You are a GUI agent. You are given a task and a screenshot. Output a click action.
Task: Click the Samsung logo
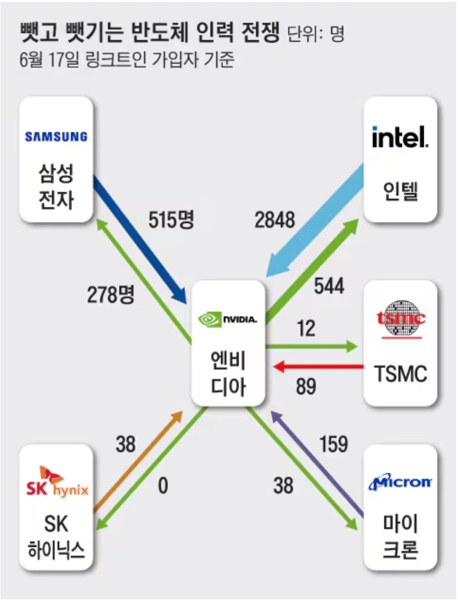[x=56, y=136]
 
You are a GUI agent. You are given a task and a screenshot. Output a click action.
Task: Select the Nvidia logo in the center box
[x=228, y=319]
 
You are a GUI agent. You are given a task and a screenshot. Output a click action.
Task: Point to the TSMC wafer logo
[x=401, y=318]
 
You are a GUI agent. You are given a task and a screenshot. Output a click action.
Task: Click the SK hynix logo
[x=57, y=482]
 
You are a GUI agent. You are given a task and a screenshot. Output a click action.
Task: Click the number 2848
[x=275, y=220]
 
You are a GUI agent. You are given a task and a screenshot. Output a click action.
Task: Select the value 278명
[x=111, y=295]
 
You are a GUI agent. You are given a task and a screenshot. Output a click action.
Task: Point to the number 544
[x=329, y=286]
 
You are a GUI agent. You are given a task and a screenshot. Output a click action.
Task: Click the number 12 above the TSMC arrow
[x=306, y=328]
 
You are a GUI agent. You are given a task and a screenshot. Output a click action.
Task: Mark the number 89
[x=306, y=386]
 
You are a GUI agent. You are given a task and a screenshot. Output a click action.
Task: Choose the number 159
[x=333, y=444]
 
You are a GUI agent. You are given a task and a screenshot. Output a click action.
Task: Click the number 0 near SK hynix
[x=163, y=486]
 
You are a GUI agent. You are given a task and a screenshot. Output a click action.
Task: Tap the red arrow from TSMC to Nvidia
[x=318, y=367]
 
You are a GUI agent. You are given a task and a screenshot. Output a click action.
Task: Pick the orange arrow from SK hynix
[x=138, y=462]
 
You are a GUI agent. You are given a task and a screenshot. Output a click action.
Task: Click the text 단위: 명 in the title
[x=316, y=34]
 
